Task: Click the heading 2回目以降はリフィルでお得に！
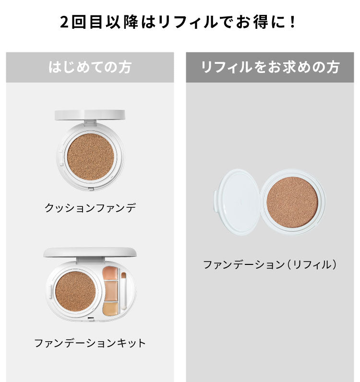tap(180, 23)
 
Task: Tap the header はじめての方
tap(90, 67)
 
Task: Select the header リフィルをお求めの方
tap(270, 67)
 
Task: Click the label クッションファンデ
tap(90, 208)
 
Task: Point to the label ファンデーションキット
tap(90, 343)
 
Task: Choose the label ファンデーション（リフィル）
tap(270, 264)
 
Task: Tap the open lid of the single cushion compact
tap(90, 115)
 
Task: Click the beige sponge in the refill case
tap(292, 201)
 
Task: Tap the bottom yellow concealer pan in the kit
tap(110, 308)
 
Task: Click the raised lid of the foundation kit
tap(90, 252)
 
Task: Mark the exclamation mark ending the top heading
tap(294, 23)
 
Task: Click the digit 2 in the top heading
tap(65, 23)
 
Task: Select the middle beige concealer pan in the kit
tap(110, 291)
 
